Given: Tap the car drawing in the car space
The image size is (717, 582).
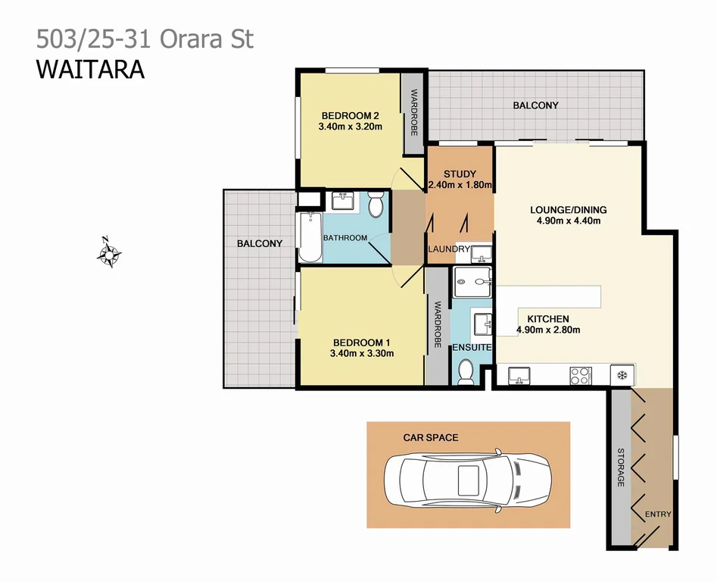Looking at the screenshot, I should pos(468,478).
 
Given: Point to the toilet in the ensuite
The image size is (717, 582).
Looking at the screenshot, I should pos(466,370).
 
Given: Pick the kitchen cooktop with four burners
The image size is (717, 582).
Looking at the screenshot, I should pos(580,374).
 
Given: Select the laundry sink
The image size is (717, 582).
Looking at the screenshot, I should pos(482,252).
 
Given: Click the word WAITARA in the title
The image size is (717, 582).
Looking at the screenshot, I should pos(90,69).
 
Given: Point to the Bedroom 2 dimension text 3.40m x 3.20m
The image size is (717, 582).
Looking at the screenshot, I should pos(350,127).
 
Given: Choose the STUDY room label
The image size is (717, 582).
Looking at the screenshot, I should pos(460,174).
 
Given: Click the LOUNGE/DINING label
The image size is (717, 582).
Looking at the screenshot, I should pos(568,210).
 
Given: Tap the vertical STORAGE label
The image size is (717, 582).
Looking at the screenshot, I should pos(620,468).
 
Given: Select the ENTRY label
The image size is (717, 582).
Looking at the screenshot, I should pos(657,515).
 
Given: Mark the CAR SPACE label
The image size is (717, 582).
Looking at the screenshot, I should pos(430,437).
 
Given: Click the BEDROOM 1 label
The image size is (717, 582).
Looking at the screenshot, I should pos(361,341).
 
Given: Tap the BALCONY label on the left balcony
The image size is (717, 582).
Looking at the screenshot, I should pos(259,243).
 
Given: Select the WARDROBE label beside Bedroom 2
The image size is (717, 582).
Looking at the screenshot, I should pos(414,112).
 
